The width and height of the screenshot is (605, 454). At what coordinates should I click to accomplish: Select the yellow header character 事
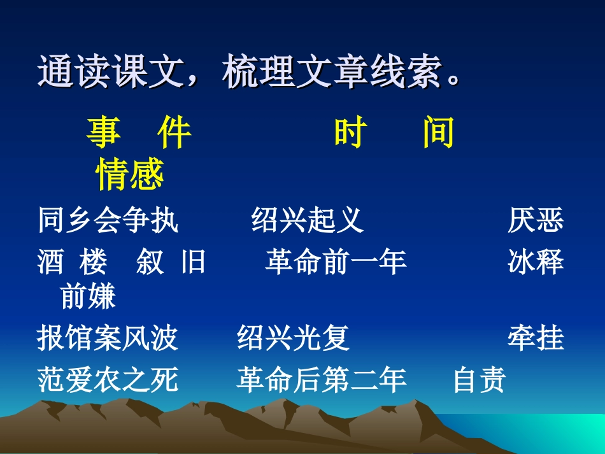point(104,134)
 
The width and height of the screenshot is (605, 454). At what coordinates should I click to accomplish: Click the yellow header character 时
point(351,134)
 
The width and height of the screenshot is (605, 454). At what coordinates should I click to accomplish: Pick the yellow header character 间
point(439,134)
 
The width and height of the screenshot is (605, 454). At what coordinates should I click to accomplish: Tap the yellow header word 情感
point(130,174)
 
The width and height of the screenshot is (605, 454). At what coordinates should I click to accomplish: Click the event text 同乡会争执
point(108,220)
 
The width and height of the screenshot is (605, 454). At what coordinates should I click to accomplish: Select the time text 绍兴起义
point(308,220)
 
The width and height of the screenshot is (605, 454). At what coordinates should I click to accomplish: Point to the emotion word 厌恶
point(536,220)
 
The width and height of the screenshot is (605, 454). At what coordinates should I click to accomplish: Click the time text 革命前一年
point(336,262)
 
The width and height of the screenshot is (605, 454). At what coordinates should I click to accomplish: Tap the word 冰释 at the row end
point(536,262)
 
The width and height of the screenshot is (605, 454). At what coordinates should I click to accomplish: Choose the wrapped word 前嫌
point(88,296)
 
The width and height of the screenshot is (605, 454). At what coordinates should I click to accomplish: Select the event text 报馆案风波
point(108,338)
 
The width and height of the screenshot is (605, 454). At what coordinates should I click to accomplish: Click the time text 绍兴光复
point(294,338)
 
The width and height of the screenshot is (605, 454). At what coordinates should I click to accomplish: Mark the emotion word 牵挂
point(536,338)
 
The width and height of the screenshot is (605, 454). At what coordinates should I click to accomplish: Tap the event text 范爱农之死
point(108,380)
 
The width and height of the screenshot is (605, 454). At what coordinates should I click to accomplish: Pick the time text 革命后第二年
point(322,380)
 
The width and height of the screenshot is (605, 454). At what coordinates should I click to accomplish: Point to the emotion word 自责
point(480,380)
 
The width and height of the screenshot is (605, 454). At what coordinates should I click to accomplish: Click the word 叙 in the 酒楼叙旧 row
point(150,262)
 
